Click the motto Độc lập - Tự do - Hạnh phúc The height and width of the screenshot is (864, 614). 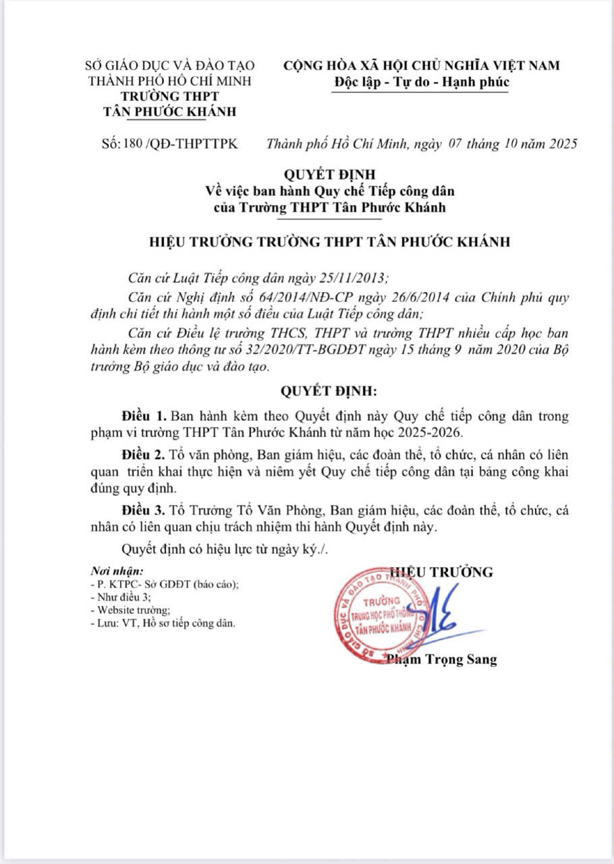click(x=422, y=82)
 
